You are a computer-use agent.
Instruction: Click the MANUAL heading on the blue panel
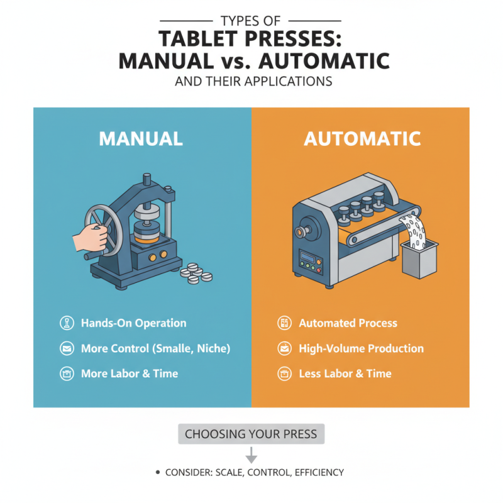click(x=141, y=138)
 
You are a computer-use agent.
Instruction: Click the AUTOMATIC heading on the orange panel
click(x=362, y=138)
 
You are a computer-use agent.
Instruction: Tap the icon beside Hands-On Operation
click(x=65, y=323)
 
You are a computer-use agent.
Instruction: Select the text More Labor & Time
click(x=129, y=373)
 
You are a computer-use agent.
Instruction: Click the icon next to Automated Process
click(x=284, y=323)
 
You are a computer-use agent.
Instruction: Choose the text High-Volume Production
click(x=361, y=348)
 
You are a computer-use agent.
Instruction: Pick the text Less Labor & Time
click(x=345, y=373)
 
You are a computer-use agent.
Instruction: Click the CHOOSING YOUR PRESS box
click(x=251, y=434)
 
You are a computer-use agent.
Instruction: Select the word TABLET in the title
click(x=200, y=39)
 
